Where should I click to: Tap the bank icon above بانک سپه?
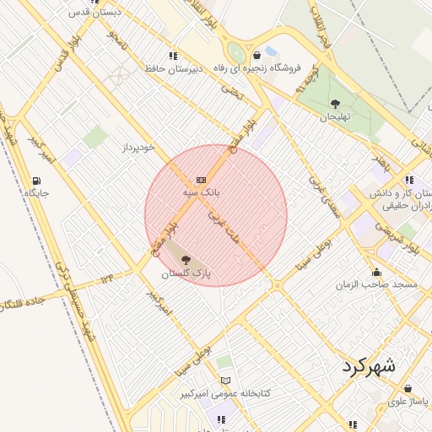tap(201, 180)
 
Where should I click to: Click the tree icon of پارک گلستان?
tap(186, 261)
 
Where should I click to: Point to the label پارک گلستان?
tap(185, 274)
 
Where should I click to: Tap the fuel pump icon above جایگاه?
tap(36, 180)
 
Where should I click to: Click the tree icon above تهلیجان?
tap(335, 104)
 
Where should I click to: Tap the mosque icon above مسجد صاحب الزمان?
tap(376, 272)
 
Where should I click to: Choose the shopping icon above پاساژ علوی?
tap(408, 388)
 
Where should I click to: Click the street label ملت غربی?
tap(224, 226)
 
